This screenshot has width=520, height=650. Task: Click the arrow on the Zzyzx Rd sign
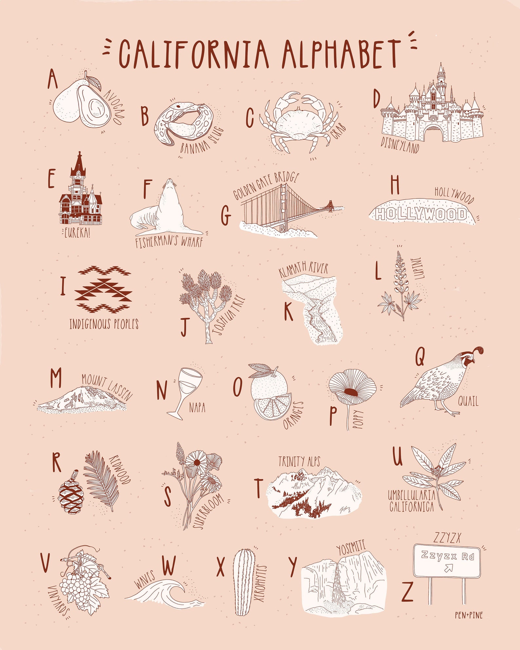pyautogui.click(x=448, y=568)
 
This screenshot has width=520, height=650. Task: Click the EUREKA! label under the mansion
pyautogui.click(x=77, y=233)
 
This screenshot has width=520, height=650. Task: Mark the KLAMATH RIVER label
pyautogui.click(x=303, y=270)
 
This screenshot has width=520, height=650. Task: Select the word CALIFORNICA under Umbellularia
pyautogui.click(x=412, y=507)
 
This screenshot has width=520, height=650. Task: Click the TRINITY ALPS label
pyautogui.click(x=299, y=461)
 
